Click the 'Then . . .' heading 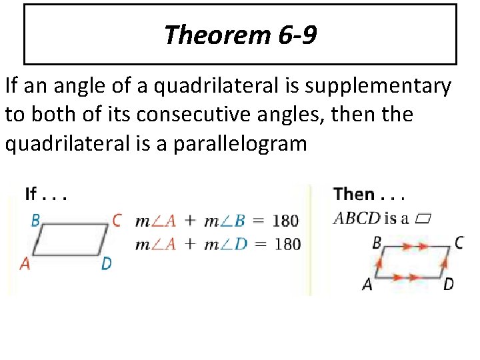pyautogui.click(x=369, y=195)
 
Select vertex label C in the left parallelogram pyautogui.click(x=117, y=220)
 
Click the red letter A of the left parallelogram pyautogui.click(x=25, y=264)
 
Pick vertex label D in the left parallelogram pyautogui.click(x=106, y=264)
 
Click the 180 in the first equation pyautogui.click(x=285, y=221)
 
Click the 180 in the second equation pyautogui.click(x=287, y=244)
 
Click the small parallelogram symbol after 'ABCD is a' pyautogui.click(x=423, y=218)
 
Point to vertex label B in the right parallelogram pyautogui.click(x=377, y=243)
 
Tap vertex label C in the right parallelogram pyautogui.click(x=459, y=243)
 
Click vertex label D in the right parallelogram pyautogui.click(x=448, y=284)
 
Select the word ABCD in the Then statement pyautogui.click(x=356, y=218)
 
